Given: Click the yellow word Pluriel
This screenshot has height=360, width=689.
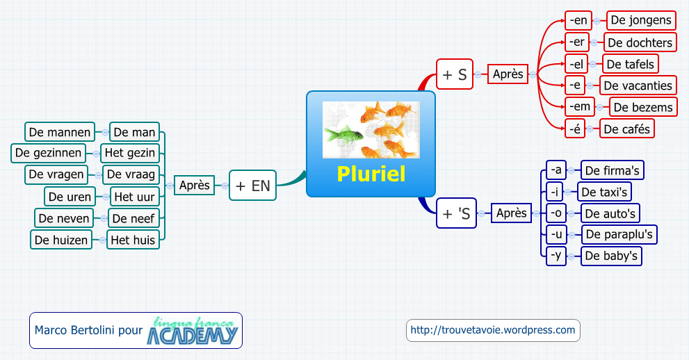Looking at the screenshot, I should pos(371,174).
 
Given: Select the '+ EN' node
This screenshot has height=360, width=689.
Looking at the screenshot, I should pos(252,186).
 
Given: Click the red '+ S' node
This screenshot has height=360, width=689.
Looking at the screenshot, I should pos(455,74).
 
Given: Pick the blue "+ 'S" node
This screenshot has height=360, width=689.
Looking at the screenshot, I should pos(456,213).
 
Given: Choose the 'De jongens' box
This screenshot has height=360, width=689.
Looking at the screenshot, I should pos(641,20).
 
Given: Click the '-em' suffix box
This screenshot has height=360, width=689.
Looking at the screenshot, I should pos(578,106).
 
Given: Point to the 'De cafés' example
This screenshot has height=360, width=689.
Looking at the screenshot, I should pos(629,129).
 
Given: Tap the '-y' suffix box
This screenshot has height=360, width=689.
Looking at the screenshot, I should pos(556,256).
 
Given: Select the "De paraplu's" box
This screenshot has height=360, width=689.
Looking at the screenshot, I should pos(619,234).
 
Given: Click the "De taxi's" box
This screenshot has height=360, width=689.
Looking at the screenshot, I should pos(605,192).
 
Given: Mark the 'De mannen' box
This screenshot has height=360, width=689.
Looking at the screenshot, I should pos(60,131).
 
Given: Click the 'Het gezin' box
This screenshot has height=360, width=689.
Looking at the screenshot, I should pos(129,152).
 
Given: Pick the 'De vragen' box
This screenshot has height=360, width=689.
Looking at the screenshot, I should pos(56,174).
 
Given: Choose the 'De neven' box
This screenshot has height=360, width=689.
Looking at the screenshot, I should pos(64,218).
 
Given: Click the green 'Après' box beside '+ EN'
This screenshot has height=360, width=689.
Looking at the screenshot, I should pos(195,186).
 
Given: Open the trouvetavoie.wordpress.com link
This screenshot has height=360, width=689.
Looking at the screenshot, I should pos(493,330).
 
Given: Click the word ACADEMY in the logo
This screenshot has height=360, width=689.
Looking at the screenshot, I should pos(193,335).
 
